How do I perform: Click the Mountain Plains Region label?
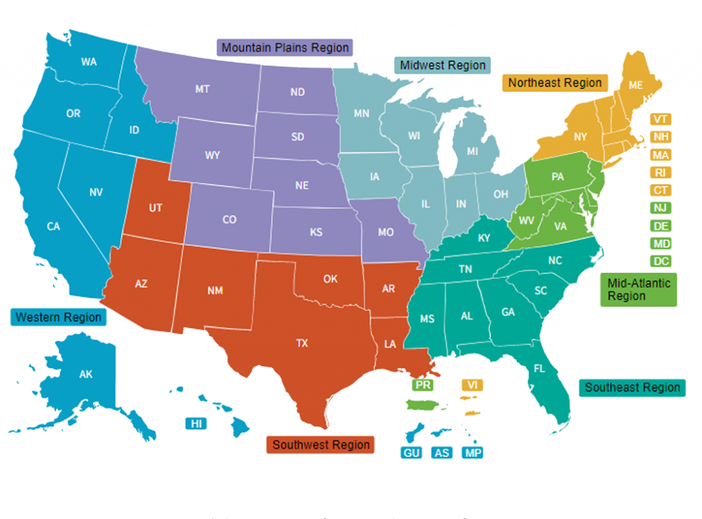point(285,48)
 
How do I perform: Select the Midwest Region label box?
point(443,66)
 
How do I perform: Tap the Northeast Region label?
point(555,83)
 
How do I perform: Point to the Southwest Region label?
point(321,444)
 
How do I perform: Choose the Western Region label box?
point(58,317)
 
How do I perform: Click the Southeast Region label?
point(632,388)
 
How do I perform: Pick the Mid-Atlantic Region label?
point(638,289)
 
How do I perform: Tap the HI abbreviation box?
point(197,424)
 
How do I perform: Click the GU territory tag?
point(412,453)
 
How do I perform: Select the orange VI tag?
point(471,385)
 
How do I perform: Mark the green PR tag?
point(423,385)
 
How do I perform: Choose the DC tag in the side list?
point(661,261)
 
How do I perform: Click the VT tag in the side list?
point(661,119)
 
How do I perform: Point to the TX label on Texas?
point(302,344)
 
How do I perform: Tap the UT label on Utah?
point(156,207)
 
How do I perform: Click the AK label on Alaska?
point(86,375)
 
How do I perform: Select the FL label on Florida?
point(540,368)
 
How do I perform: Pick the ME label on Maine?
point(636,85)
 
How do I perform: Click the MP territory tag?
point(472,453)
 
